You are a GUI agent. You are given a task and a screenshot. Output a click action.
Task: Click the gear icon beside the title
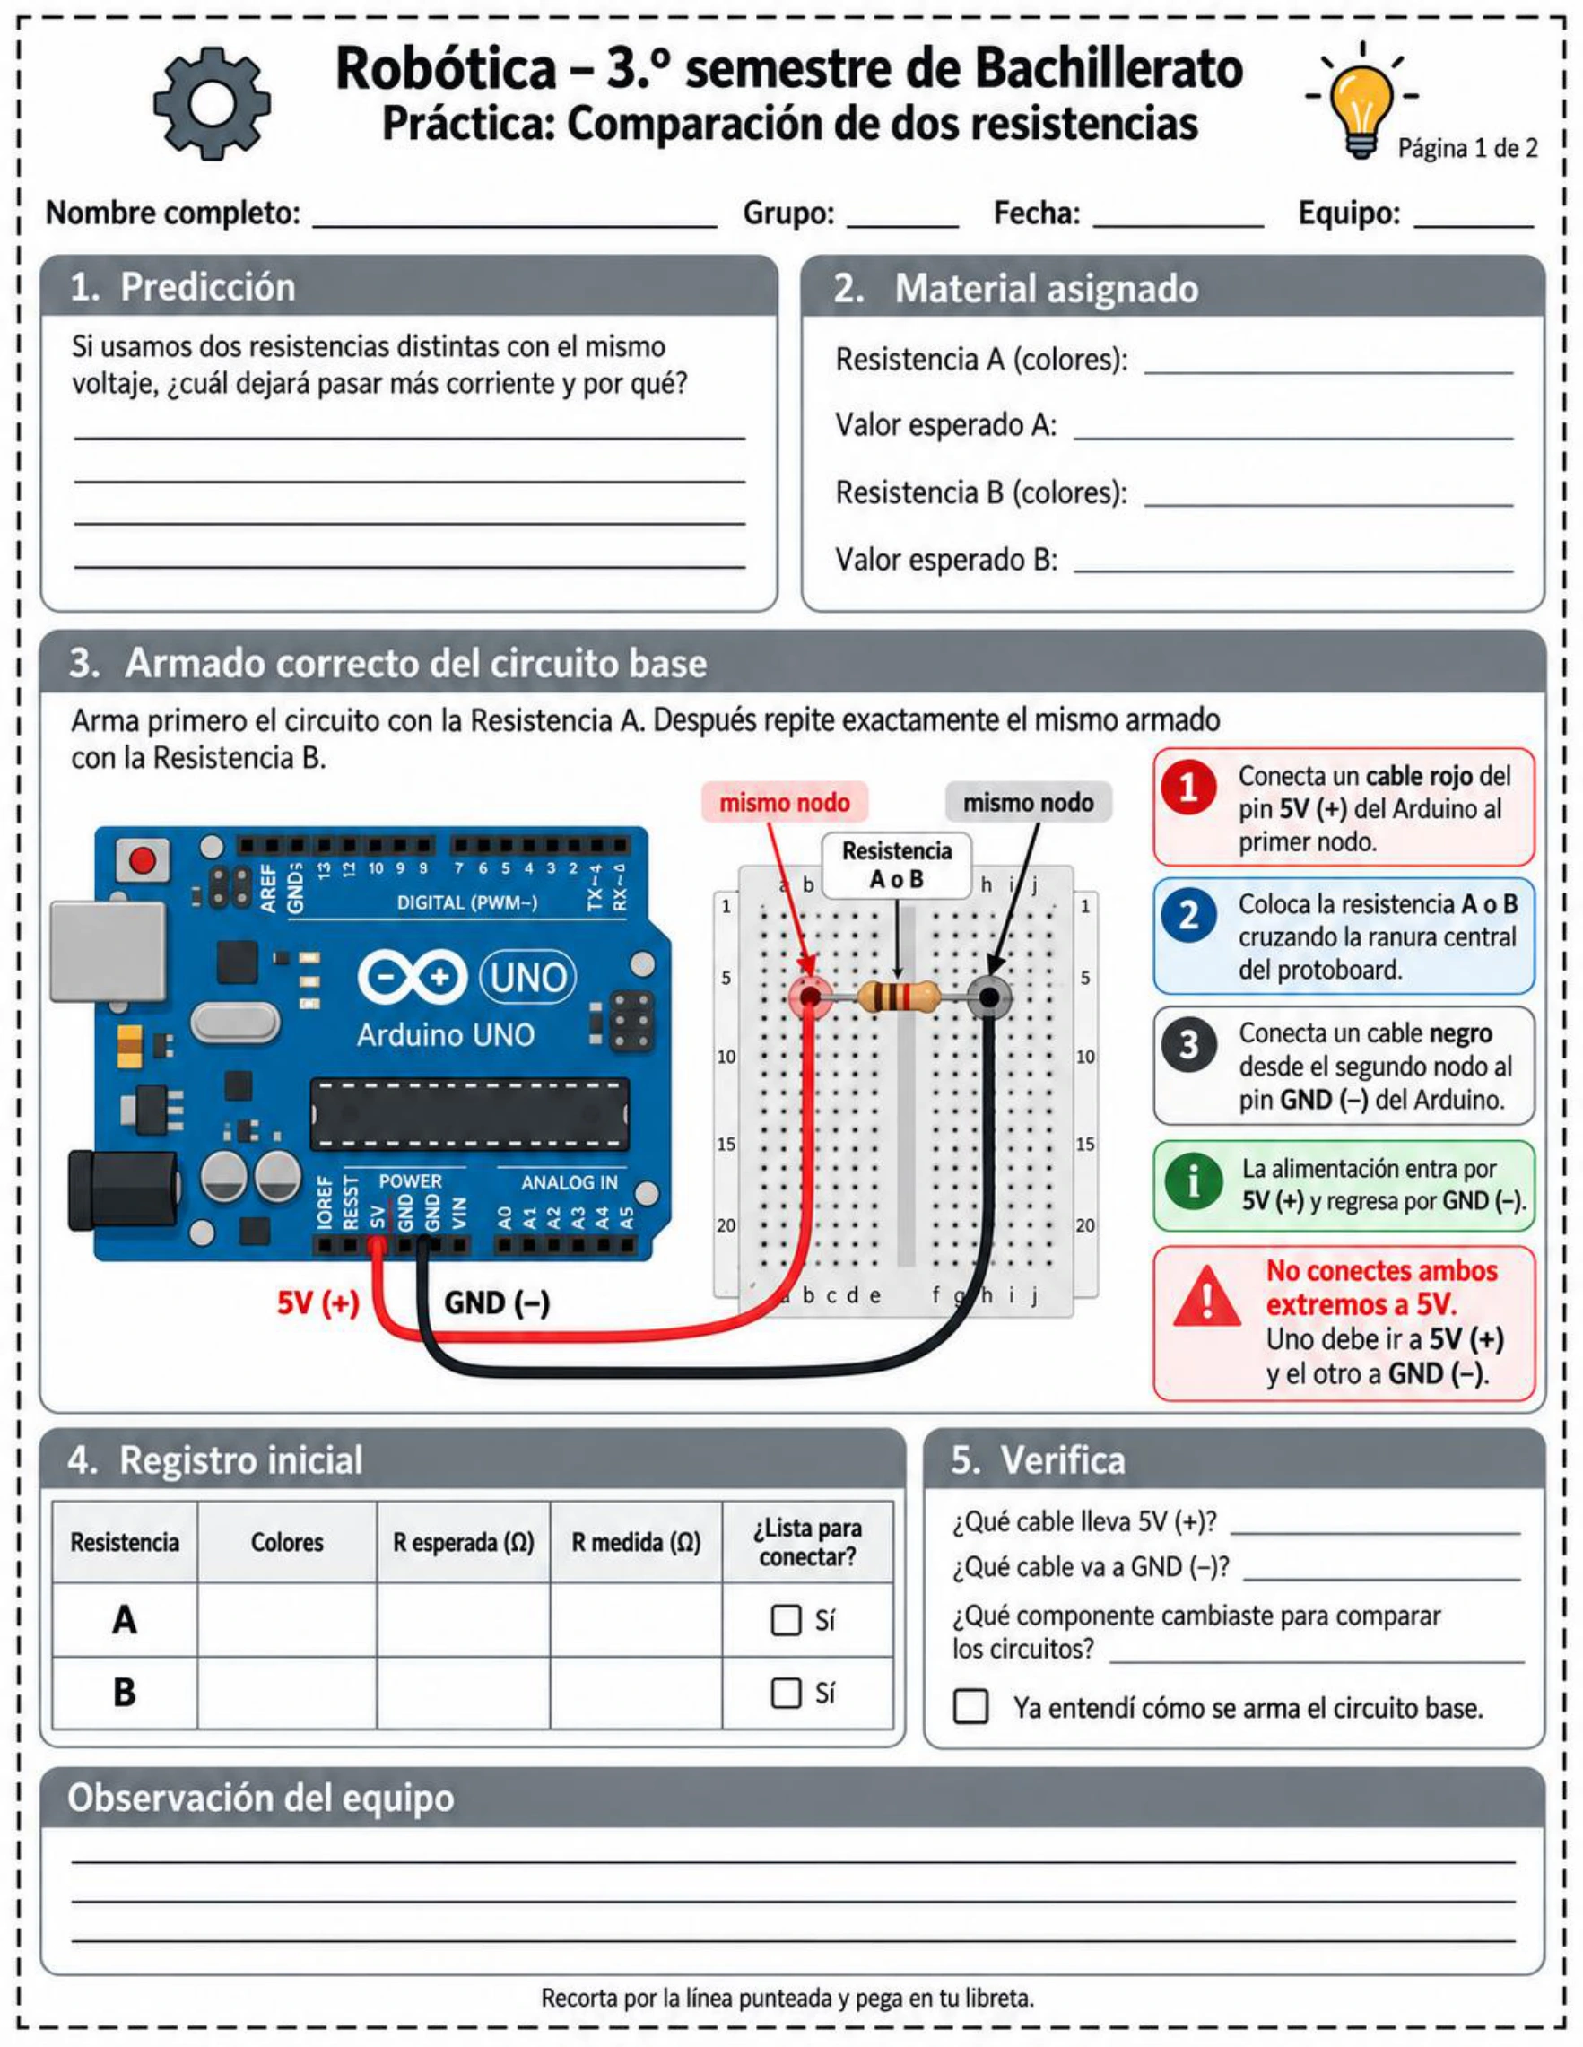[212, 103]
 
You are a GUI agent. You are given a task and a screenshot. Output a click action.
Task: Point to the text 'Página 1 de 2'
[1467, 148]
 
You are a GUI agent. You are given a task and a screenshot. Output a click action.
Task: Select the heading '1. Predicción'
[183, 287]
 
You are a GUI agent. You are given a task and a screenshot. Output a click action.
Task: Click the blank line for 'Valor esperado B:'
[1293, 571]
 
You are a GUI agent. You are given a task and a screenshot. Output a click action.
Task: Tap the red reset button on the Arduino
[143, 859]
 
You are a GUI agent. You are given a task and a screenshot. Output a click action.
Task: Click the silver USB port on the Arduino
[108, 951]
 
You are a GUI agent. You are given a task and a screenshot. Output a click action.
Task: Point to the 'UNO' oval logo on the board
[527, 978]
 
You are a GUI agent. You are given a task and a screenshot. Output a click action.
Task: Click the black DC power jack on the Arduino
[123, 1190]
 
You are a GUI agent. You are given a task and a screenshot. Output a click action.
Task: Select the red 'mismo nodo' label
[785, 802]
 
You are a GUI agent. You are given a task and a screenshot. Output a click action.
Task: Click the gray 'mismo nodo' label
[1028, 802]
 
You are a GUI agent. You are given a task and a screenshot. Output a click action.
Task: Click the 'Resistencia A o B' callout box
[896, 864]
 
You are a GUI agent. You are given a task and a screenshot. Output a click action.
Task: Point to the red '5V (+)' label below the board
[317, 1302]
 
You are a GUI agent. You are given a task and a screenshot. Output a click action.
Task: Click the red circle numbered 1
[1189, 788]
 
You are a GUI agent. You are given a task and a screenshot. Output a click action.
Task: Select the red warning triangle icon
[1207, 1297]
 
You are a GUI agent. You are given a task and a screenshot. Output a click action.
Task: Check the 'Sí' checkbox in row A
[786, 1621]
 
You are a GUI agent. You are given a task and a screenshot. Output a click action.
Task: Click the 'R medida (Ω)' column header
[637, 1543]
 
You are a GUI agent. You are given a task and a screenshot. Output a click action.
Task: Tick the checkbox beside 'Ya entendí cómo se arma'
[970, 1707]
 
